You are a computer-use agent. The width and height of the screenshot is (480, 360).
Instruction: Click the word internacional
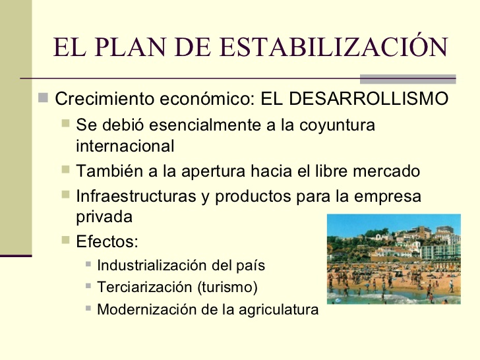(125, 146)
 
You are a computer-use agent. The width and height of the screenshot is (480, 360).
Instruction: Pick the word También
(107, 171)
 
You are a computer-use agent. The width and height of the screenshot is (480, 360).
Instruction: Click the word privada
(104, 216)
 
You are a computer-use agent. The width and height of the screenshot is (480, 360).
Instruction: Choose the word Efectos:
(107, 241)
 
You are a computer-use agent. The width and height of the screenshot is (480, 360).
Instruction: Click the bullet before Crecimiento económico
(43, 99)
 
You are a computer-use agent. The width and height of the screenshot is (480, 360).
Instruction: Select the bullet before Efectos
(65, 240)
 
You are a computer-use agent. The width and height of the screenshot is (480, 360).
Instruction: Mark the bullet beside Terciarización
(89, 287)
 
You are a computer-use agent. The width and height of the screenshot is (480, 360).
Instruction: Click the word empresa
(387, 196)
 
